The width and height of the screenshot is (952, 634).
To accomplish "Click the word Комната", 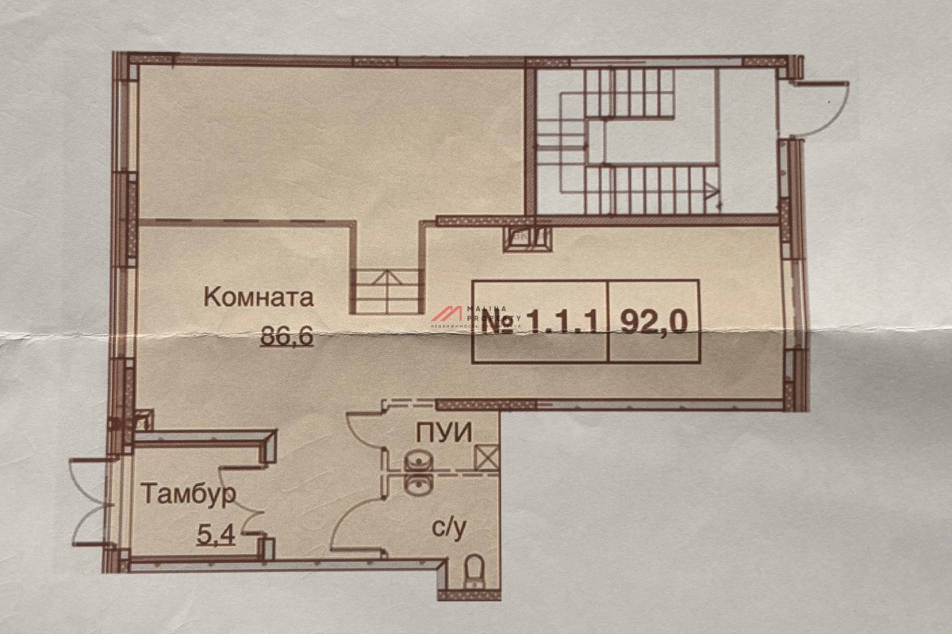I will click(x=259, y=298).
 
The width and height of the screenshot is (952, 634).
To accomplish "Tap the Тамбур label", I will click(x=189, y=495).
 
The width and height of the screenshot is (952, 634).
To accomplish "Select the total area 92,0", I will click(x=654, y=321).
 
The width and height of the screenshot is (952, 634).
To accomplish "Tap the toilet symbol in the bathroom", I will click(x=474, y=570).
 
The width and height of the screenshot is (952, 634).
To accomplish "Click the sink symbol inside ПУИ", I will click(x=415, y=460).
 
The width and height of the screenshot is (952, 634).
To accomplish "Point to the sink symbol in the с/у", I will click(x=415, y=483).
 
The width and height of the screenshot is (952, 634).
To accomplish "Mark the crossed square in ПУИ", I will click(x=485, y=457).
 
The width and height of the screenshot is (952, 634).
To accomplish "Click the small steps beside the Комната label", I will click(x=386, y=290).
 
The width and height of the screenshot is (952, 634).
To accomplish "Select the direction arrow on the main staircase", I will click(x=712, y=189).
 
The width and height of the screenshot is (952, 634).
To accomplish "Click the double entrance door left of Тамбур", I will click(x=90, y=502).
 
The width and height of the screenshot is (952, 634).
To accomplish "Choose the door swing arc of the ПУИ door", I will click(x=363, y=432).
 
